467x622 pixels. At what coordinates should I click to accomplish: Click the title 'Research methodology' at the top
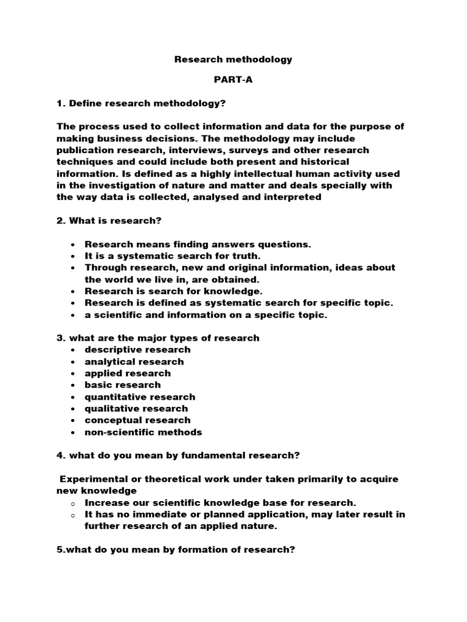(233, 60)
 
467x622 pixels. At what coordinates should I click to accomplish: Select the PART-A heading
(233, 80)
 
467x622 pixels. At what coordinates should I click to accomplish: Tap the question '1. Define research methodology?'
(141, 103)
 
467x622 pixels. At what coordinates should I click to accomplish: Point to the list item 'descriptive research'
(137, 349)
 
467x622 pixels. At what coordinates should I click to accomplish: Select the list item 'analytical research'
(134, 361)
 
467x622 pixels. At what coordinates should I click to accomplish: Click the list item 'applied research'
(128, 373)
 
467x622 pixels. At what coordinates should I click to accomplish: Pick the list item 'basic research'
(123, 384)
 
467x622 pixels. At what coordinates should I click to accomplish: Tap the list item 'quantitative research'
(140, 397)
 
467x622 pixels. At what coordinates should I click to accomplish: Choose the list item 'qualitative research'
(136, 408)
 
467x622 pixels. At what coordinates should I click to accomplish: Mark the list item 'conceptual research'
(137, 420)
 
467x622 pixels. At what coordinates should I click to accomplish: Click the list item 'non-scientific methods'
(144, 432)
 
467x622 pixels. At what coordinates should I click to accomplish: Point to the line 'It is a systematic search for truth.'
(163, 256)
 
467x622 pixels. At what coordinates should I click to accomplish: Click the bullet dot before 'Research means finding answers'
(72, 244)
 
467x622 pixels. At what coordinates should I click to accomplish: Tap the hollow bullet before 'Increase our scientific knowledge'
(72, 504)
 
